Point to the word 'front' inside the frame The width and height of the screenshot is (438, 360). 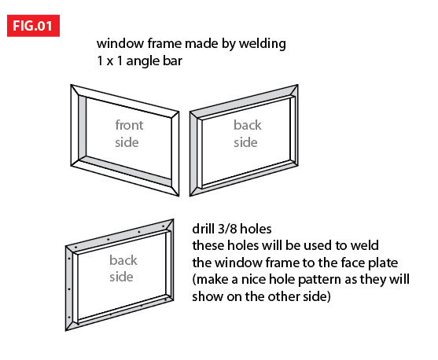129,125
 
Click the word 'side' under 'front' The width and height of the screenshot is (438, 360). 127,141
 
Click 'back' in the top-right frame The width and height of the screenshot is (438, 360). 248,125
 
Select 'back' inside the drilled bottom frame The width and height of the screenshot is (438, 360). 123,260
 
